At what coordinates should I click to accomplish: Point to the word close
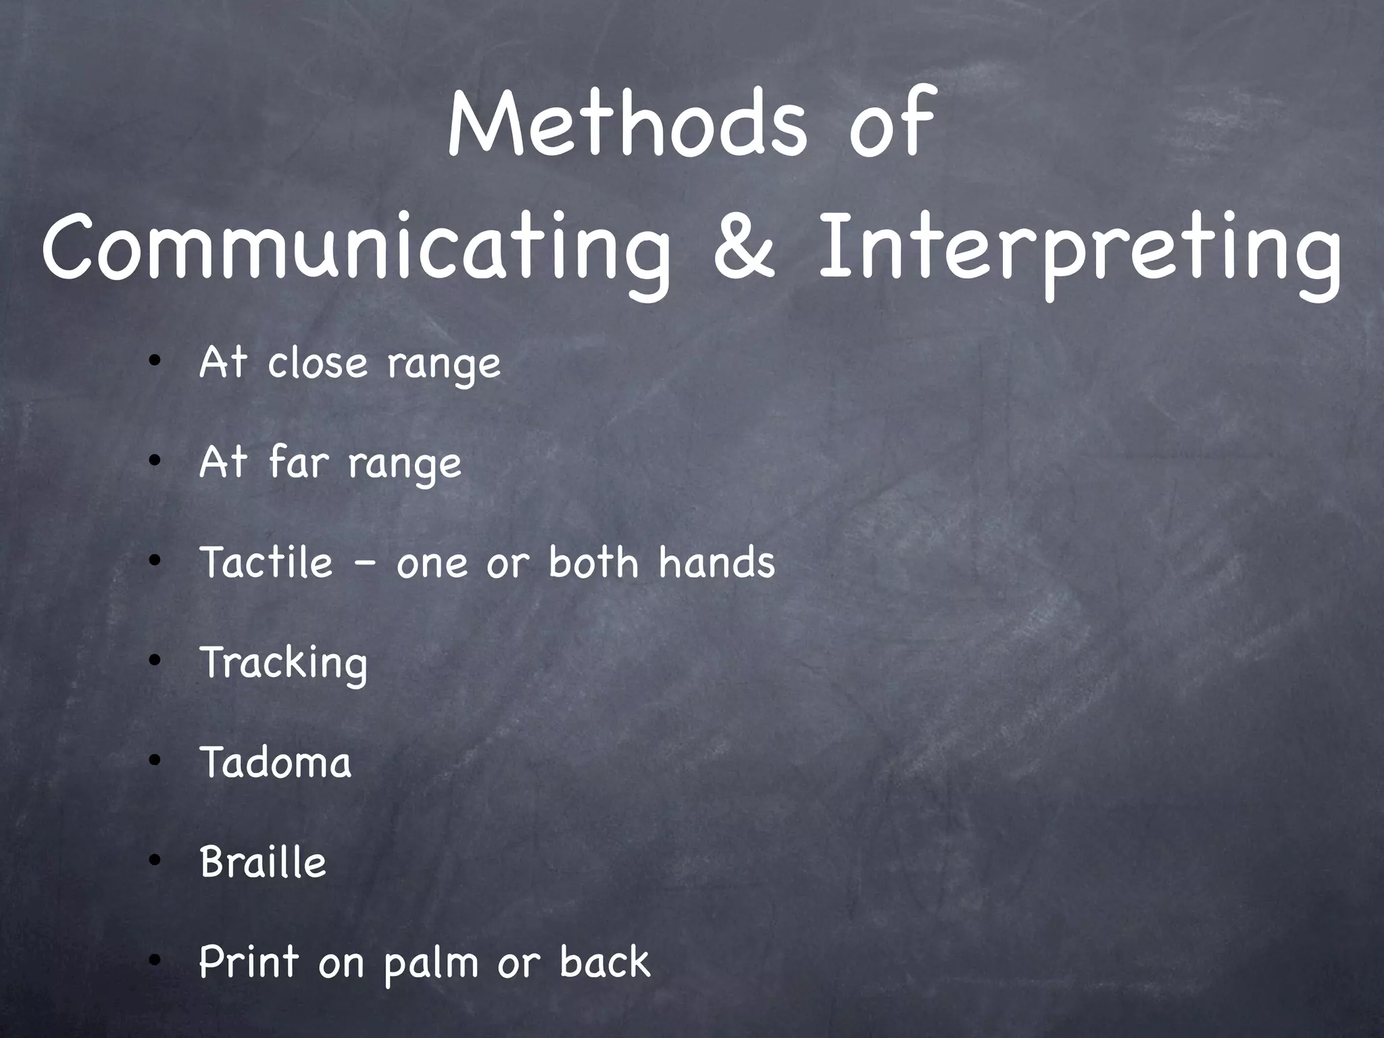click(x=318, y=363)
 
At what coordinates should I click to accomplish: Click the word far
click(x=298, y=462)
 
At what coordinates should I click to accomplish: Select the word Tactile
click(x=267, y=562)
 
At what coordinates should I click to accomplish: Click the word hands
click(x=717, y=562)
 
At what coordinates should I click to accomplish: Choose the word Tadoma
click(x=276, y=762)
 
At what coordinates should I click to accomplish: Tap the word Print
click(x=249, y=962)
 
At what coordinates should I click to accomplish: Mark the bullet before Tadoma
click(x=155, y=761)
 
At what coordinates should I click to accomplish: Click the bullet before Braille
click(x=155, y=861)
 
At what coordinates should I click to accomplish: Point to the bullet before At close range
click(x=155, y=362)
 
